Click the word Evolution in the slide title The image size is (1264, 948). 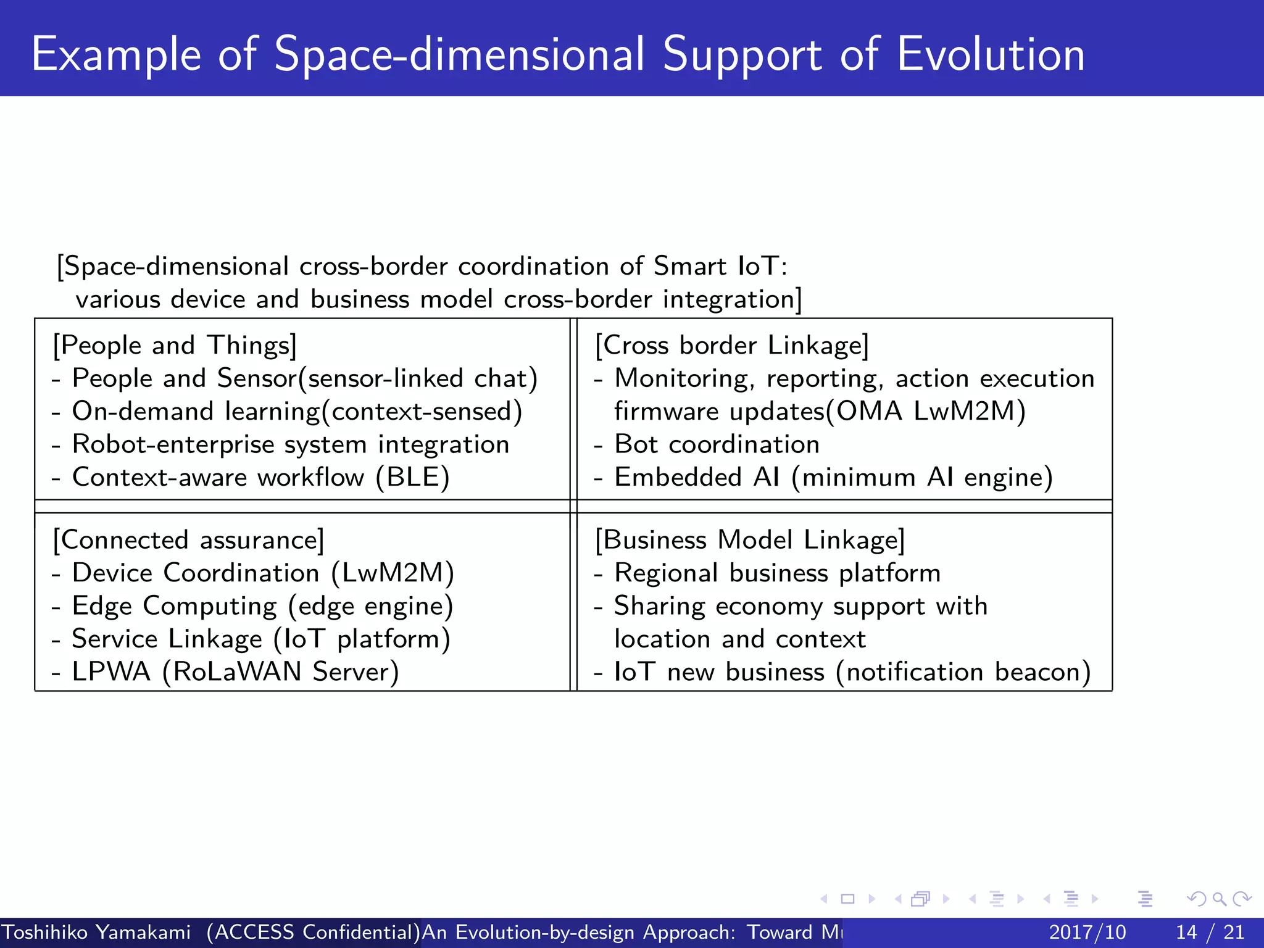(990, 54)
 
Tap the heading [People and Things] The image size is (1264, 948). (175, 346)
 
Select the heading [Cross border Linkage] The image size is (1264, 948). (732, 346)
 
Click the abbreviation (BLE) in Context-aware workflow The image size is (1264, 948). (413, 478)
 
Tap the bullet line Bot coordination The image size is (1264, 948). (716, 445)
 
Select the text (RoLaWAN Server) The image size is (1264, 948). (281, 672)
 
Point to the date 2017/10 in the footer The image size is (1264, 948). (1087, 932)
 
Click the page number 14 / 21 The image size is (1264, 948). (1210, 932)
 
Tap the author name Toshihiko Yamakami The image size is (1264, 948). (96, 932)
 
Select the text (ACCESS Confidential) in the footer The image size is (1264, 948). (314, 932)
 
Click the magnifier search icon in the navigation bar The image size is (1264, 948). (1219, 899)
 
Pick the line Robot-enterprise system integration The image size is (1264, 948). (290, 445)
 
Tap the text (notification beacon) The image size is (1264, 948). (963, 672)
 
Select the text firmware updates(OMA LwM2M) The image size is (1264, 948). (820, 412)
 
